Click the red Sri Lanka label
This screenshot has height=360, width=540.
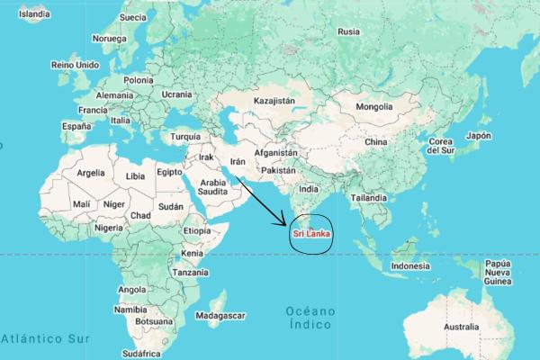[x=310, y=236]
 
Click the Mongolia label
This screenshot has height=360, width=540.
[x=374, y=107]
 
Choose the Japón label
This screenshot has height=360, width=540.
[x=477, y=136]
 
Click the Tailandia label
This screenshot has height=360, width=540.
[x=370, y=197]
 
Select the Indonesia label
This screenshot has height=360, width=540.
[x=411, y=266]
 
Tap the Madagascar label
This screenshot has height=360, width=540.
[x=220, y=316]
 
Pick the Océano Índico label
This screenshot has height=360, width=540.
[x=310, y=317]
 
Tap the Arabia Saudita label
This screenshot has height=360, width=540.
[x=212, y=186]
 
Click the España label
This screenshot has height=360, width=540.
[x=77, y=127]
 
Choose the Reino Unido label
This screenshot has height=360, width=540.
[x=75, y=65]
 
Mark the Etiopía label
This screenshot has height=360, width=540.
[x=196, y=231]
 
